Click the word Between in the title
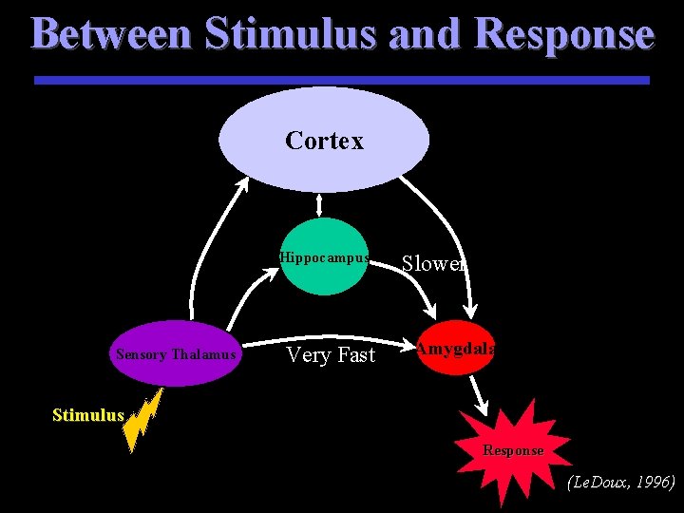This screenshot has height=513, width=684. (112, 33)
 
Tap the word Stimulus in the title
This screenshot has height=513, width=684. (291, 33)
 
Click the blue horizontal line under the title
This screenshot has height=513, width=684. (342, 80)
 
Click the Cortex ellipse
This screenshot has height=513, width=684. (324, 140)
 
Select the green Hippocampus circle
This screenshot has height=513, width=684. (324, 256)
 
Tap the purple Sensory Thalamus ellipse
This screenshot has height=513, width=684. (176, 353)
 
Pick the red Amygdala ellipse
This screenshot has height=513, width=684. (456, 348)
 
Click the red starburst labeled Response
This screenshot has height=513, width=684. (513, 451)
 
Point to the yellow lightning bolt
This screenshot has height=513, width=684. (142, 421)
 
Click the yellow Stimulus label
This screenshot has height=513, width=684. (88, 415)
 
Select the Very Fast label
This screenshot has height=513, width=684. (332, 355)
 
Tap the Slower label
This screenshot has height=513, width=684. (433, 263)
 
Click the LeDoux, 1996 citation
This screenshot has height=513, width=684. (621, 482)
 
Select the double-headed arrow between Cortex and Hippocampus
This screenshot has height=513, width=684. (319, 205)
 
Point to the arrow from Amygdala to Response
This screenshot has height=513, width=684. (479, 395)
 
